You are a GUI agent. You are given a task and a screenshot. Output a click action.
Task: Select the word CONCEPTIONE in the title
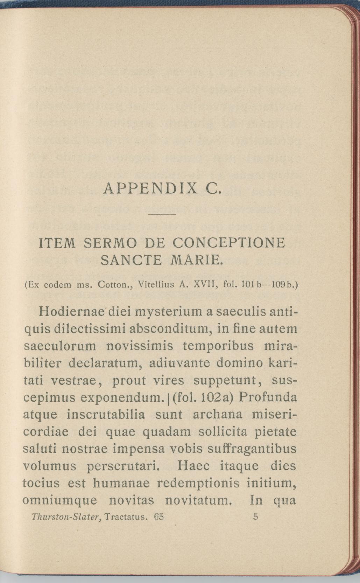pos(229,243)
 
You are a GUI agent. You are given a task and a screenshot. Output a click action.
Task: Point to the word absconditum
pos(170,329)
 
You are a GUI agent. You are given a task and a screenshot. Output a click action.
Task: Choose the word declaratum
pos(105,363)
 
